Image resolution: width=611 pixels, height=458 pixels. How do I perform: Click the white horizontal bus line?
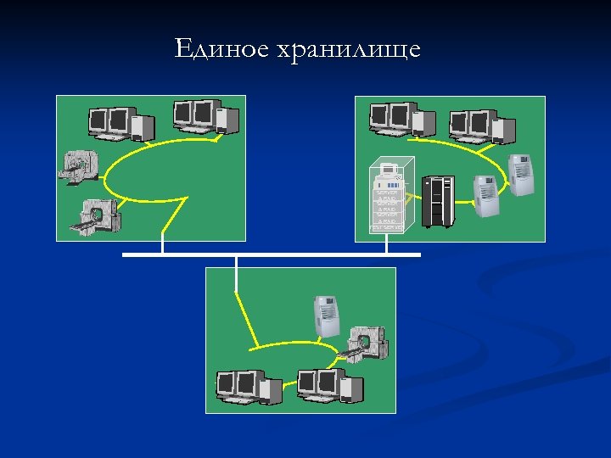tap(272, 254)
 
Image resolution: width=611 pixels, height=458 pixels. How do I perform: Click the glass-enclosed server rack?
tap(390, 196)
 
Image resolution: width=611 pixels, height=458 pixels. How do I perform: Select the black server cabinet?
tap(438, 201)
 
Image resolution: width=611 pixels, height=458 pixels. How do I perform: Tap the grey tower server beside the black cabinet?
tap(485, 196)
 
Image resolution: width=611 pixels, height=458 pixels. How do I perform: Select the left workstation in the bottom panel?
tap(247, 387)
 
